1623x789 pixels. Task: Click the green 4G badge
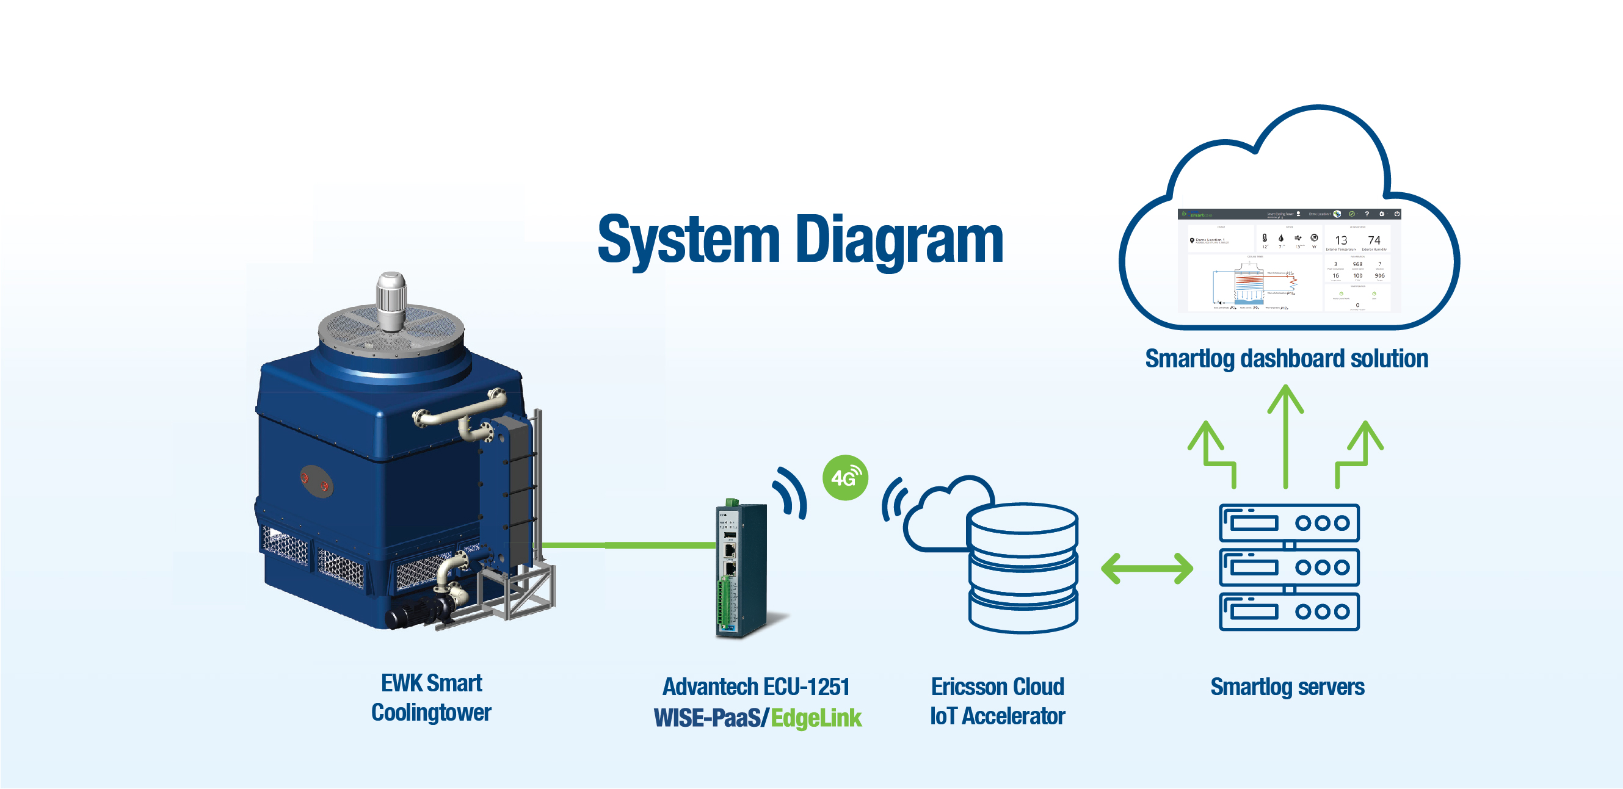pos(845,478)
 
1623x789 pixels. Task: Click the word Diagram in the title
pos(899,240)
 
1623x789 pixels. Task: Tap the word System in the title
pos(689,240)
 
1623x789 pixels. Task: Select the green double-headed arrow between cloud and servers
pos(1147,569)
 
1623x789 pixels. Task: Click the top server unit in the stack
pos(1289,522)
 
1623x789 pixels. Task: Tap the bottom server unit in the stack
pos(1289,611)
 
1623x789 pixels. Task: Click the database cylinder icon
pos(1023,567)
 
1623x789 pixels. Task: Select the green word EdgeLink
pos(815,718)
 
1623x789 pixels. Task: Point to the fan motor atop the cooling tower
pos(391,300)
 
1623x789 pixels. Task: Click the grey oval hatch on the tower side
pos(315,481)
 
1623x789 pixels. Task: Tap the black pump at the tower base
pos(416,611)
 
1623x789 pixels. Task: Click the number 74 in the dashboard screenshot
pos(1373,240)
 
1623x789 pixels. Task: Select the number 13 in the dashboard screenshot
pos(1341,240)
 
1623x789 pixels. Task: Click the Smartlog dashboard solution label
pos(1286,358)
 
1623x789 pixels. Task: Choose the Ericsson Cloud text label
pos(997,686)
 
